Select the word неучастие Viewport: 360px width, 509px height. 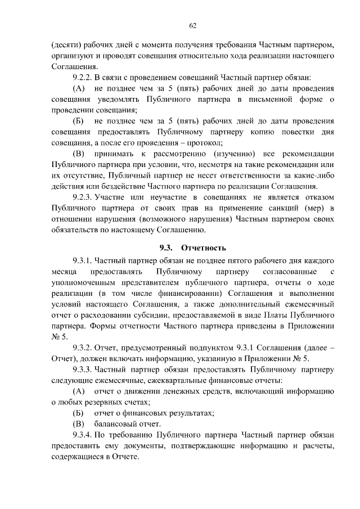[x=169, y=198]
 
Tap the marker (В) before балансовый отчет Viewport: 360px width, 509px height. [x=79, y=424]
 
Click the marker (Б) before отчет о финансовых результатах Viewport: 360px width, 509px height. [x=79, y=413]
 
